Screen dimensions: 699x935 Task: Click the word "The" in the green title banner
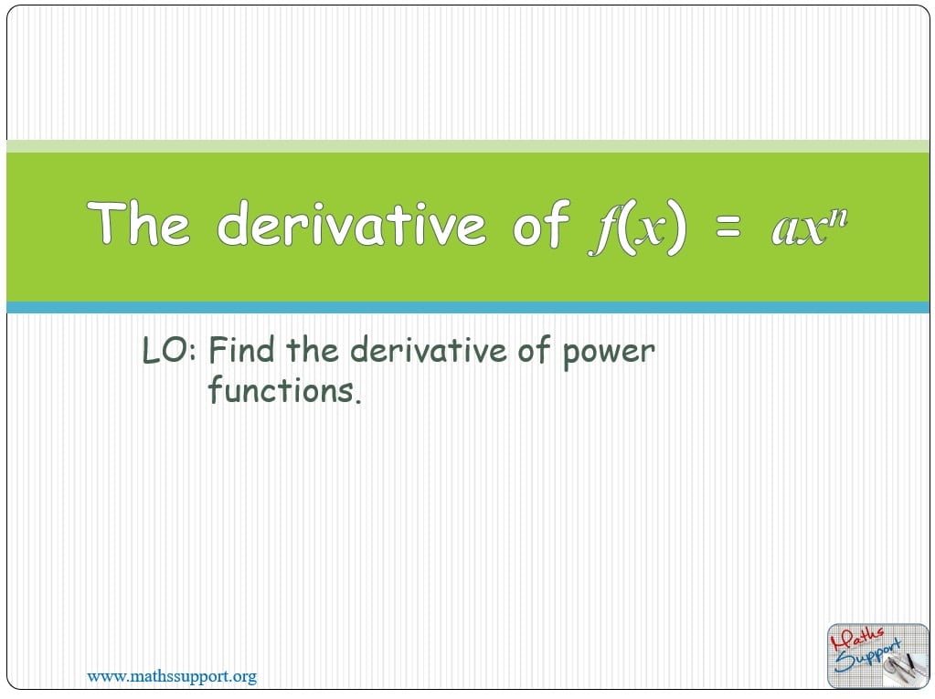coord(138,224)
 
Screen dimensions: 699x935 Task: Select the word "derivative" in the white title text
coord(351,224)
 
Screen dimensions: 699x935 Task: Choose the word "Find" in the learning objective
coord(243,351)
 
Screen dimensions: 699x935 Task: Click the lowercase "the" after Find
coord(313,351)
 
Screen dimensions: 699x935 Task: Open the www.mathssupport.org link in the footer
coord(172,677)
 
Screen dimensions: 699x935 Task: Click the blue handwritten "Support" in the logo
coord(869,654)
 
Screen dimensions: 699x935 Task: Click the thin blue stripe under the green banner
coord(467,308)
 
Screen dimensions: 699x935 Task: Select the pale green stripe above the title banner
coord(467,145)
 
